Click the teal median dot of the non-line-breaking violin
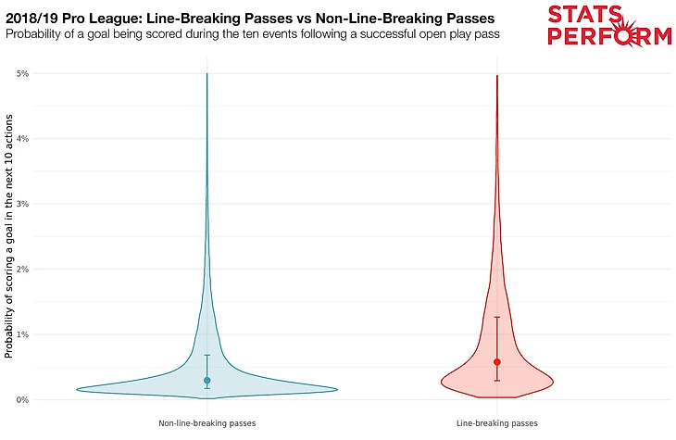pyautogui.click(x=207, y=380)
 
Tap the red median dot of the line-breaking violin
pyautogui.click(x=497, y=362)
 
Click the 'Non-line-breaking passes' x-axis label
pyautogui.click(x=207, y=423)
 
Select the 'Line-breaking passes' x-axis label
pyautogui.click(x=497, y=423)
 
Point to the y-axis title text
pyautogui.click(x=9, y=236)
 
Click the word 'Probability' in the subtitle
pyautogui.click(x=39, y=34)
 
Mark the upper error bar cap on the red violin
pyautogui.click(x=497, y=318)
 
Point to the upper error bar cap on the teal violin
pyautogui.click(x=207, y=355)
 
